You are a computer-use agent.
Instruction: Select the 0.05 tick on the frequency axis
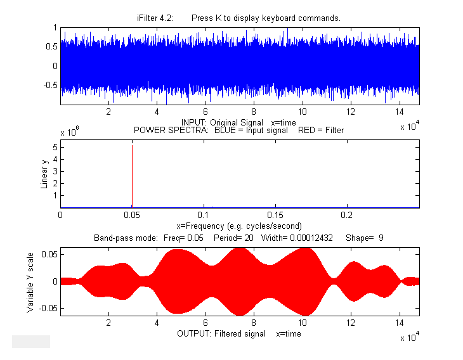point(132,214)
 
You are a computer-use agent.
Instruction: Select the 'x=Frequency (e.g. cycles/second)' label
point(238,226)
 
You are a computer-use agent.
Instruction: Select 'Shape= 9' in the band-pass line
point(365,238)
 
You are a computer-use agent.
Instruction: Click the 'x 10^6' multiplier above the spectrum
point(69,132)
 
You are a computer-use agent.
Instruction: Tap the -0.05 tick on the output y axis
point(48,308)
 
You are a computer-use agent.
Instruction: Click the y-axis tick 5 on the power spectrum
point(56,147)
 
